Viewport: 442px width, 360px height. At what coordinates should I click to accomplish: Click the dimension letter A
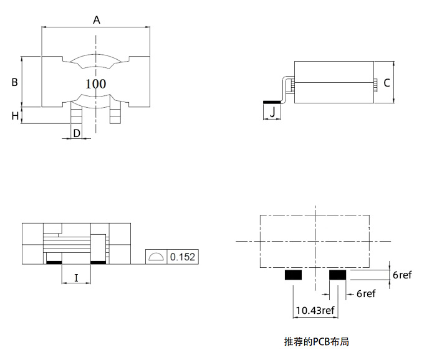pos(97,20)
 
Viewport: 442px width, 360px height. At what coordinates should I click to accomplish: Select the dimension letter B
pos(14,82)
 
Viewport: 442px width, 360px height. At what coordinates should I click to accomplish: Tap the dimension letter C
pos(387,83)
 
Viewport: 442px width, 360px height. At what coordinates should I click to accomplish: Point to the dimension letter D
pos(77,133)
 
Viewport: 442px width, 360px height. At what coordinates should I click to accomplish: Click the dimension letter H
pos(15,116)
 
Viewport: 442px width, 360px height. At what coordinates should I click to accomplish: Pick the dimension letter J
pos(272,112)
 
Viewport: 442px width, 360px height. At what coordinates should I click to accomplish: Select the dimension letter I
pos(76,278)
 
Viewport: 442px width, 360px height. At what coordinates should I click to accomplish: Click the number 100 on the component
pos(95,83)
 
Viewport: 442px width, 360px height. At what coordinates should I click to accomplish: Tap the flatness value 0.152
pos(183,257)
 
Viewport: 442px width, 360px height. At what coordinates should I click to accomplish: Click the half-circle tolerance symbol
pos(156,257)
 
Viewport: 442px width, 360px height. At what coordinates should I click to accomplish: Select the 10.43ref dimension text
pos(315,310)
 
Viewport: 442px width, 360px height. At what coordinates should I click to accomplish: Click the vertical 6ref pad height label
pos(402,275)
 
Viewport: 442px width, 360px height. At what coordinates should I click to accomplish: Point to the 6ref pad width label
pos(366,293)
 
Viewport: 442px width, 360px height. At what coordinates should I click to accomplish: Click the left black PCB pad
pos(293,275)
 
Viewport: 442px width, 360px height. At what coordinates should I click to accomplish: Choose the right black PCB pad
pos(338,275)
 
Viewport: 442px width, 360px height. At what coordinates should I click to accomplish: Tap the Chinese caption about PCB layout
pos(316,341)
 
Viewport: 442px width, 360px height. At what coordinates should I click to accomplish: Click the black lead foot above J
pos(272,102)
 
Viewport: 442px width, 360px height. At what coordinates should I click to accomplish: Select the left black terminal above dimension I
pos(54,263)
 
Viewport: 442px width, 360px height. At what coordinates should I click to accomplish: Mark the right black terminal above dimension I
pos(98,263)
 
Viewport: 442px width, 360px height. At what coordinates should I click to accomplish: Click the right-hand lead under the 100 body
pos(115,112)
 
